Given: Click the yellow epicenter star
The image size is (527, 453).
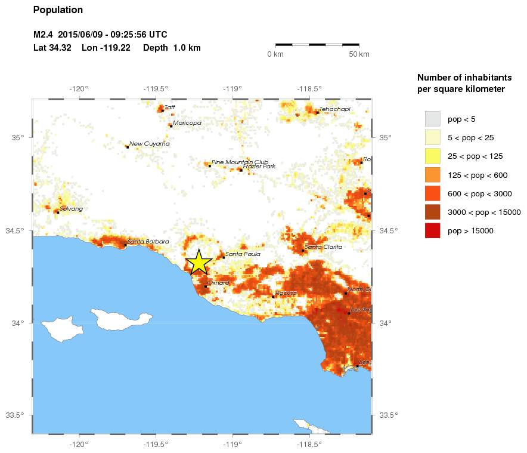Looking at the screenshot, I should point(199,262).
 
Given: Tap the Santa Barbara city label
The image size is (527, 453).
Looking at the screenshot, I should point(148,242).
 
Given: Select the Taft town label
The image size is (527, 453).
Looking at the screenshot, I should point(170,107).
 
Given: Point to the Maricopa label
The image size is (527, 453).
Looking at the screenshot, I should point(187,123).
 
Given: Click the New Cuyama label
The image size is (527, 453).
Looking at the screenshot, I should point(149,144).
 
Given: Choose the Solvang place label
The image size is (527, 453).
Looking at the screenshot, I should point(71,209).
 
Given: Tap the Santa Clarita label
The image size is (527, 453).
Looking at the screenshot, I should point(324,247).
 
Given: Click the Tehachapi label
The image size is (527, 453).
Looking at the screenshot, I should point(334,109).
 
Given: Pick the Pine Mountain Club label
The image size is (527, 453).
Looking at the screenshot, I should point(240,162).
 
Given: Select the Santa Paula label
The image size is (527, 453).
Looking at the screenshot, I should point(243,254).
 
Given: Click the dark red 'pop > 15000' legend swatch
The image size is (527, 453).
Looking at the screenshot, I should point(432,231).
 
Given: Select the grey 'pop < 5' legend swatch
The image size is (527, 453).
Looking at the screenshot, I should point(432,118).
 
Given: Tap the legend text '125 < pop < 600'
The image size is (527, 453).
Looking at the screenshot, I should point(478,175).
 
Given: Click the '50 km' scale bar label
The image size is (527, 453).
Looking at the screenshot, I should point(359,54).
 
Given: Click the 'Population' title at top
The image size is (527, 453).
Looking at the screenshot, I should point(58,10).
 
